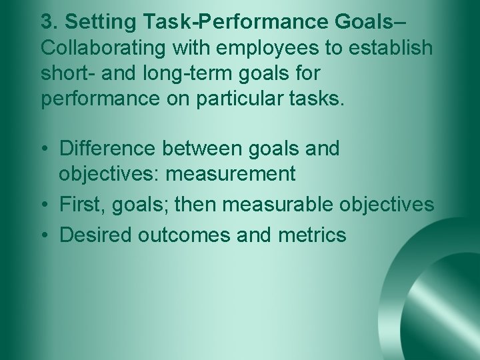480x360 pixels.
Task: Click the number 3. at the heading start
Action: [49, 22]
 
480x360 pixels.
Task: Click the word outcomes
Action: [176, 235]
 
